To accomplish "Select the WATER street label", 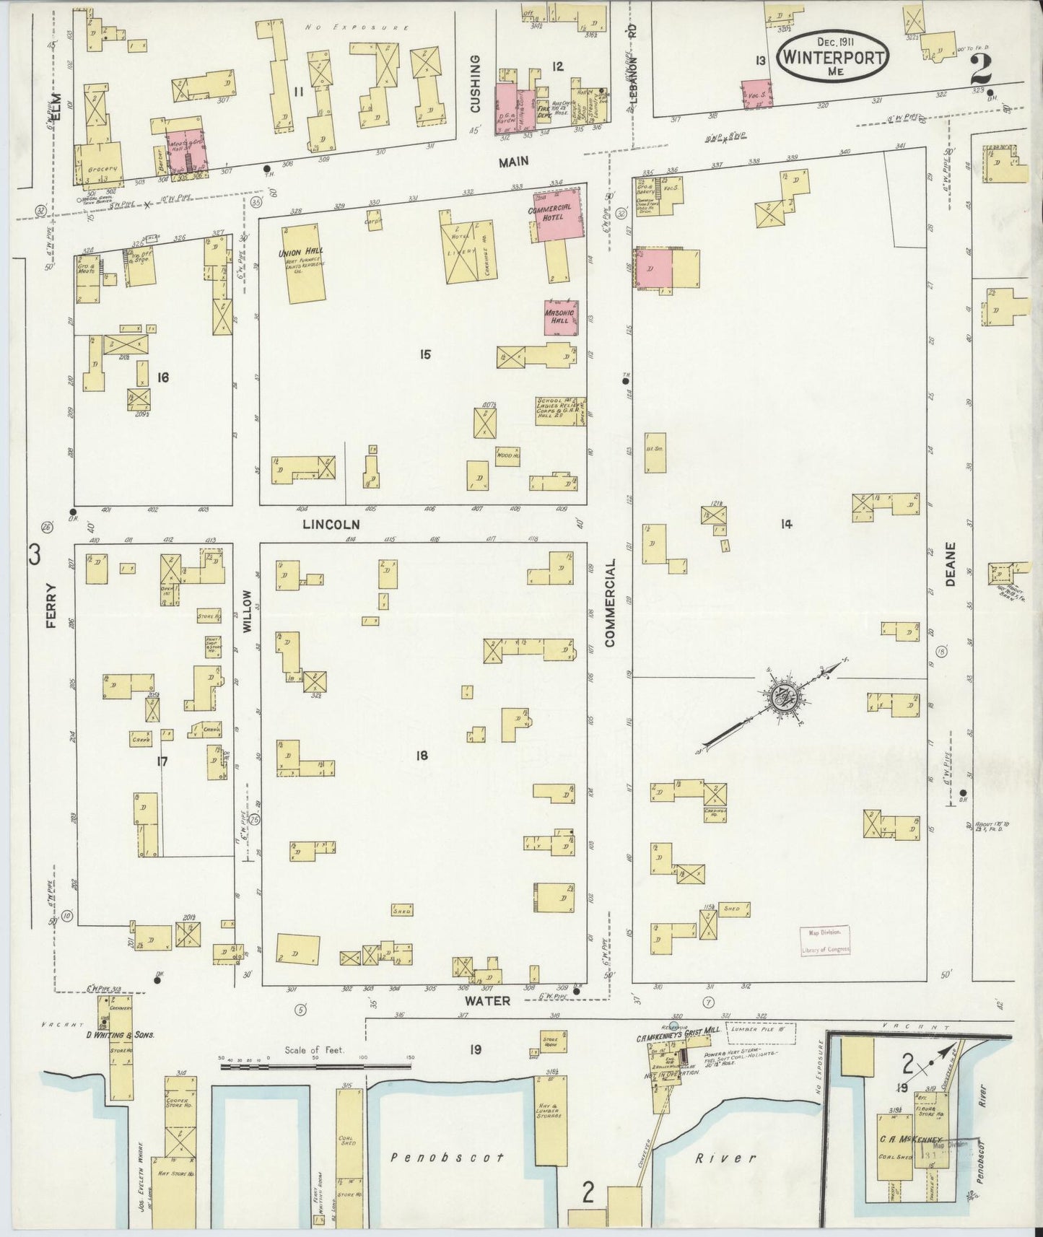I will point(487,1001).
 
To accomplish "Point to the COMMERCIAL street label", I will point(610,602).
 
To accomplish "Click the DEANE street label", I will point(950,564).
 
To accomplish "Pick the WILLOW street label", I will point(246,611).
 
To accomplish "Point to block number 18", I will point(422,756).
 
